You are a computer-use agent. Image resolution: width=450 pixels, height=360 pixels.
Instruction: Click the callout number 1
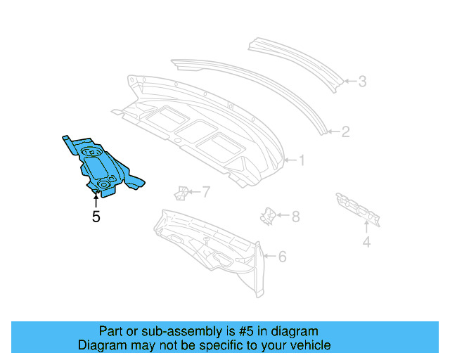(302, 160)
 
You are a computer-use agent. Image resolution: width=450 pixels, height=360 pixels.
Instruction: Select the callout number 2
(345, 131)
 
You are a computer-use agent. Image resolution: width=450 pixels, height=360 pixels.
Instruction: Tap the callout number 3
(362, 82)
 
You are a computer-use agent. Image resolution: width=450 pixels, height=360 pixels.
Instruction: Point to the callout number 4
(366, 243)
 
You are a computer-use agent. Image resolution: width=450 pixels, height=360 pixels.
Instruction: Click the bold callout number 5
(96, 217)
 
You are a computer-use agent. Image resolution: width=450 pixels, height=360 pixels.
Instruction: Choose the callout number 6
(282, 257)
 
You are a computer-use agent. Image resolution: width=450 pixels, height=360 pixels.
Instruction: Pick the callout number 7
(206, 191)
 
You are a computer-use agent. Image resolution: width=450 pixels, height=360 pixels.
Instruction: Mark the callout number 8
(295, 217)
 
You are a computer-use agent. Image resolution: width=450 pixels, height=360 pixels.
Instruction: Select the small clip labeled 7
(181, 192)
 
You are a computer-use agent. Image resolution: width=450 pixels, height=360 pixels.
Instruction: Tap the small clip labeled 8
(269, 216)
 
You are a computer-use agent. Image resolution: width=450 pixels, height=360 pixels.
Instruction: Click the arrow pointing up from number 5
(96, 200)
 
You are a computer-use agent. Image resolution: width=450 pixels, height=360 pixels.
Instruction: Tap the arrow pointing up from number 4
(366, 226)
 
